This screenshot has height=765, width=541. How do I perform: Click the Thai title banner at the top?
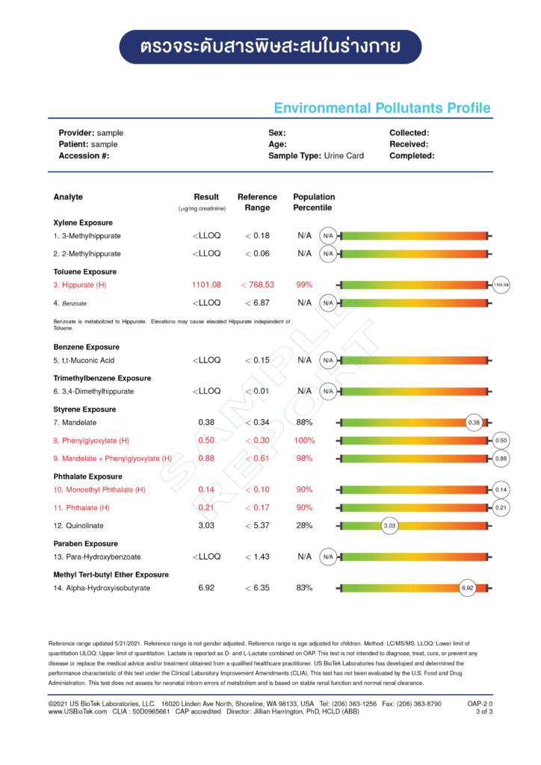[270, 47]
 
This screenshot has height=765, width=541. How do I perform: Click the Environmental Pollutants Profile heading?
[382, 108]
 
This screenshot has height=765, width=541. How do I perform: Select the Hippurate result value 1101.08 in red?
[206, 285]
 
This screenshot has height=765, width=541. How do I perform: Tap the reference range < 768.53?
[257, 285]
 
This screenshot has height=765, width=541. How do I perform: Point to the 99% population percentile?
[304, 285]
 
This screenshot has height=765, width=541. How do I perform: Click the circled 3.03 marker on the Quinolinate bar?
[389, 525]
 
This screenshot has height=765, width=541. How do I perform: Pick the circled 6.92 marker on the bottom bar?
[468, 588]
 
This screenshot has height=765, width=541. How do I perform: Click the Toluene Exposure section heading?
[85, 272]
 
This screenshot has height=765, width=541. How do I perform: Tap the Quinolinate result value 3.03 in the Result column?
[206, 525]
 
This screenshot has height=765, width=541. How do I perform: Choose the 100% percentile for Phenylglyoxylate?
[304, 440]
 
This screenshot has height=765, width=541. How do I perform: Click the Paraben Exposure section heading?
[85, 544]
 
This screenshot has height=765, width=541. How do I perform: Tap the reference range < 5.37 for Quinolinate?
[257, 525]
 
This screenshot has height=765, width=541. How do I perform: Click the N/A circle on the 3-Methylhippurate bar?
[327, 235]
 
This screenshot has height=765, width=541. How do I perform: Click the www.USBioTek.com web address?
[78, 712]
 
